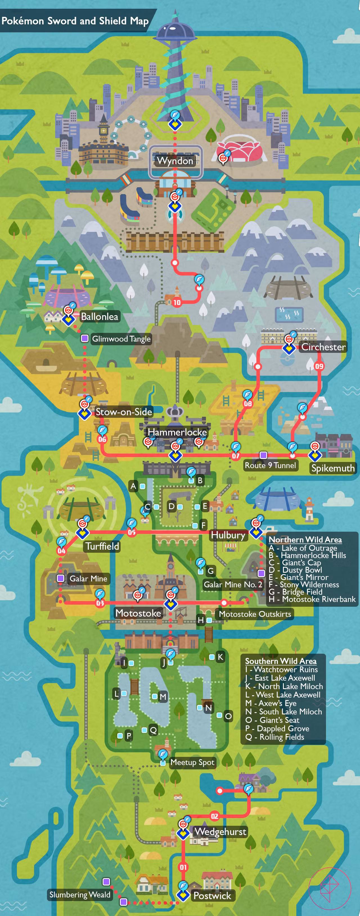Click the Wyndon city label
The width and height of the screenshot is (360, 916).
coord(175,161)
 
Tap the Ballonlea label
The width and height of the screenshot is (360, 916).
coord(99,317)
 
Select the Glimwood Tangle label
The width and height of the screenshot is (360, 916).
coord(121,339)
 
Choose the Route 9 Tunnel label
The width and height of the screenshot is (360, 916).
coord(270,465)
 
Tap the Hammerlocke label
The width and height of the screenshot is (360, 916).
coord(177,432)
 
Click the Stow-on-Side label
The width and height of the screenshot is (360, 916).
coord(123,412)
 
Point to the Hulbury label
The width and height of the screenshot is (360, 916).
coord(228,535)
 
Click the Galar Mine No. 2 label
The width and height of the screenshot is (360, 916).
coord(233,584)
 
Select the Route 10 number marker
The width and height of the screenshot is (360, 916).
coord(177,303)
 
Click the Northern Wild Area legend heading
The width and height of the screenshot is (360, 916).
coord(305,540)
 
